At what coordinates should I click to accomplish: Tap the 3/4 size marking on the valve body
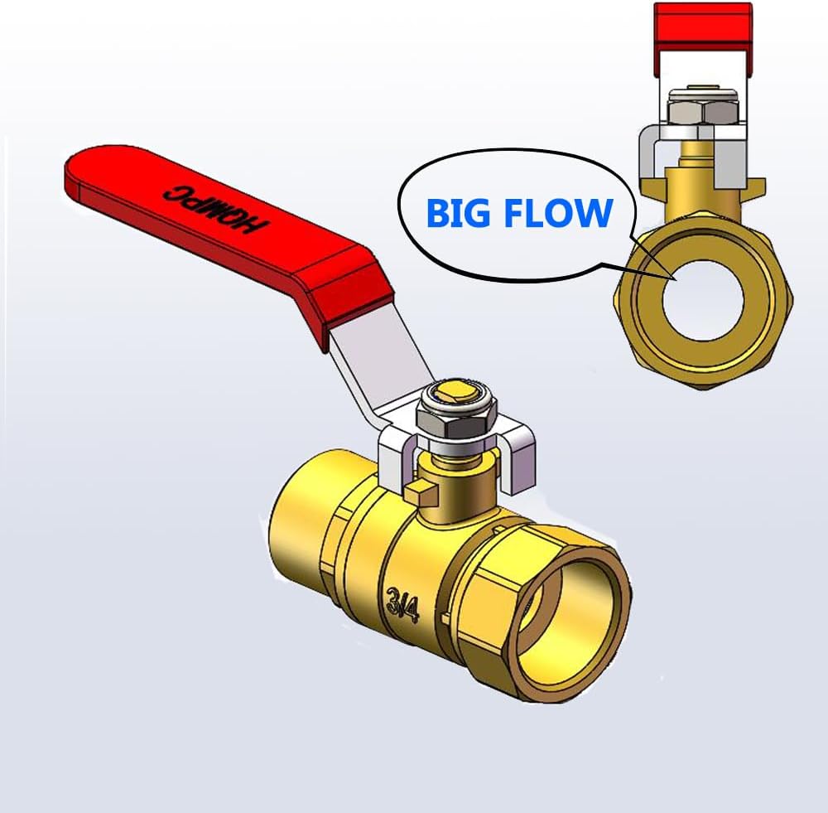(403, 603)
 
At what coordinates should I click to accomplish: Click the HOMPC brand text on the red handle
(215, 210)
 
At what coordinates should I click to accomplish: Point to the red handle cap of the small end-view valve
(703, 38)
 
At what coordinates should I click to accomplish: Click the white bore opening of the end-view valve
(703, 300)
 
